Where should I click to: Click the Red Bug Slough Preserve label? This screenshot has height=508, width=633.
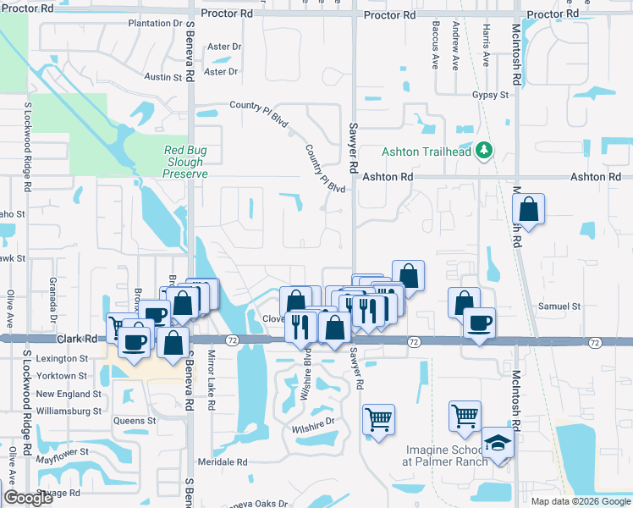pos(185,162)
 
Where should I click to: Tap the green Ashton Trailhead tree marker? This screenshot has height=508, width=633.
pos(484,151)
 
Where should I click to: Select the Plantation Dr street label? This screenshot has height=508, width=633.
pos(156,23)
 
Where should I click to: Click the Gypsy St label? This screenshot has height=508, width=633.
pos(491,95)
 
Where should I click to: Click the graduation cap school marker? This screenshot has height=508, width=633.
pos(497,444)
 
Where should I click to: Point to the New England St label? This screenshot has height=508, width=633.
pos(68,394)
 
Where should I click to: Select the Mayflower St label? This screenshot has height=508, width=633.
pos(63,452)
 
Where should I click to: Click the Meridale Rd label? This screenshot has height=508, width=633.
pos(222,462)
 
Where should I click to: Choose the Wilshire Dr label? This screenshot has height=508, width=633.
pos(314,423)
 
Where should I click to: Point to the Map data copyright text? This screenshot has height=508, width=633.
pos(580,501)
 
